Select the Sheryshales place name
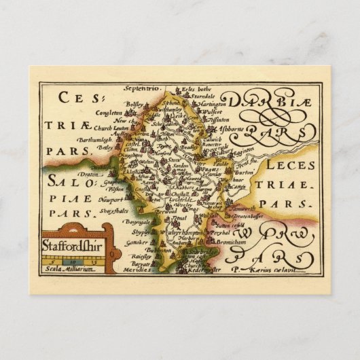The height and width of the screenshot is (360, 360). (x=114, y=211)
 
